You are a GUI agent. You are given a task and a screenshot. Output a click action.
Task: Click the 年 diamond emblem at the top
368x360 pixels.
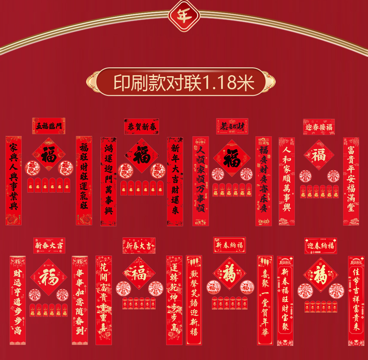[184, 15]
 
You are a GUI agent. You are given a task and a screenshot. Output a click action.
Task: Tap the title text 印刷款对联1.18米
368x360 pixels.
[184, 82]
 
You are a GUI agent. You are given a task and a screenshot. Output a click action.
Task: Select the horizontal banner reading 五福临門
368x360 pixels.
[49, 126]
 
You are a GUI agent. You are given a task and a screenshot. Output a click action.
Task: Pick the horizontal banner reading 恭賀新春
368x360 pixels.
[141, 127]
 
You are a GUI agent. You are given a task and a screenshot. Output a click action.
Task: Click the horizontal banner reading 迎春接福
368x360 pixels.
[319, 127]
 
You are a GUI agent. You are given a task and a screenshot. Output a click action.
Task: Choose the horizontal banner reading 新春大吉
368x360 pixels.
[49, 245]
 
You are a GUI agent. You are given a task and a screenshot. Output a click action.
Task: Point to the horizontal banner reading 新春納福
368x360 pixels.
[229, 245]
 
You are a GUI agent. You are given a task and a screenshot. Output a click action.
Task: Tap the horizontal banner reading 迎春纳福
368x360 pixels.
[321, 246]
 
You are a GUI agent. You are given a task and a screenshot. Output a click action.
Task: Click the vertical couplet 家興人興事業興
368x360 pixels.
[13, 180]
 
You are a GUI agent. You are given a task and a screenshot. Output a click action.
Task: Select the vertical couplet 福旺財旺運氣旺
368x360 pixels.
[84, 180]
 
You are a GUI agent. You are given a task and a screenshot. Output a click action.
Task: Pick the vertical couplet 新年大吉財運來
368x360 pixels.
[175, 181]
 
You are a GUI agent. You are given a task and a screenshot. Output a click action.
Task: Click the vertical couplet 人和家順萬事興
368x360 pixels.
[287, 181]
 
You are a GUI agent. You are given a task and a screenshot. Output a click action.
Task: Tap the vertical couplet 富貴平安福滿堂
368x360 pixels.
[351, 181]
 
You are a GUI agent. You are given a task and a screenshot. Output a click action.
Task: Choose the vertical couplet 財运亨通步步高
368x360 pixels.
[17, 300]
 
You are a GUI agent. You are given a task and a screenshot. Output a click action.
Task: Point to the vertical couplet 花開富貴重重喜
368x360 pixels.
[104, 300]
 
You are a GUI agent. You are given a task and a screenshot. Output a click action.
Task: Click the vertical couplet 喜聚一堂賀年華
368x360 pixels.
[265, 300]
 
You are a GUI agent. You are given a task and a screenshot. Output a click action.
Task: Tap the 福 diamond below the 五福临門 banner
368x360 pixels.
[49, 154]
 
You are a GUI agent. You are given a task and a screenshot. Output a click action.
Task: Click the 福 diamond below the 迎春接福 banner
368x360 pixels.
[319, 155]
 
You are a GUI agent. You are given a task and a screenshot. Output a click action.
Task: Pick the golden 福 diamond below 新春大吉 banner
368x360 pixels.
[49, 277]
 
